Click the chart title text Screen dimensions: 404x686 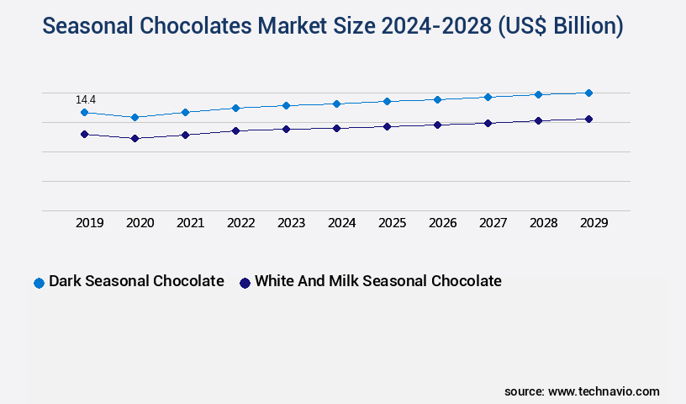point(333,26)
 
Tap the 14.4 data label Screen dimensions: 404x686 point(86,100)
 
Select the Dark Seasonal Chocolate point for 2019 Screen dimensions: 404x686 point(84,112)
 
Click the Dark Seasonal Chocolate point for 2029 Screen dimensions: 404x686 point(588,93)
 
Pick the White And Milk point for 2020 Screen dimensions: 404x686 point(135,138)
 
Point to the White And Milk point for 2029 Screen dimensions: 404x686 point(588,119)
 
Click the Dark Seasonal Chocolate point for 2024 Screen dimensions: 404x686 point(336,104)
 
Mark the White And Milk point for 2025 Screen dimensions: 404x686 point(387,126)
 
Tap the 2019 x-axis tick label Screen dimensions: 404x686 point(90,223)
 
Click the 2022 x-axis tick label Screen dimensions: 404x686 point(241,223)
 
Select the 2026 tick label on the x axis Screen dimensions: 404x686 point(443,223)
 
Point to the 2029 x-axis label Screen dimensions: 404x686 point(594,223)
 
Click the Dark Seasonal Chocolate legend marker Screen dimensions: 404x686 point(39,283)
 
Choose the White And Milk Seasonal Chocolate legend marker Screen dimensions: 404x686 point(245,283)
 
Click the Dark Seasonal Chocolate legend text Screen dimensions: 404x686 point(136,281)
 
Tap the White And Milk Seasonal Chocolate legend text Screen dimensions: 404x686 point(377,281)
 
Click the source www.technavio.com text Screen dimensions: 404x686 point(582,391)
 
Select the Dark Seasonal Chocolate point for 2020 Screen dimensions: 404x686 point(135,117)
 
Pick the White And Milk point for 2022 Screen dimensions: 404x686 point(235,130)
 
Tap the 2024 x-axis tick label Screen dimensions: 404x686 point(342,223)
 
